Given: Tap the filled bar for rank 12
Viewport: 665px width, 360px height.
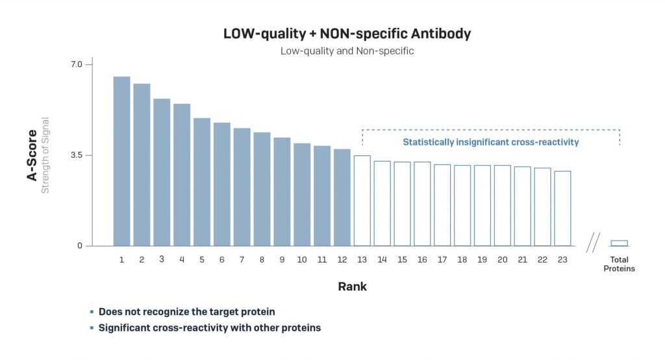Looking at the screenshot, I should click(x=342, y=198).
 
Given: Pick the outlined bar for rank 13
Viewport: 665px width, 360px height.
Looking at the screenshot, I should click(x=362, y=201).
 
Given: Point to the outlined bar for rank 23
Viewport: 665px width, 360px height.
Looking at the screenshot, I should click(x=562, y=209).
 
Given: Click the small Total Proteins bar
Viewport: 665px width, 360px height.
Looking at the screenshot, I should click(x=619, y=243).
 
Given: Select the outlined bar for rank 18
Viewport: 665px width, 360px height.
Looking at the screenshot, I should click(x=462, y=205).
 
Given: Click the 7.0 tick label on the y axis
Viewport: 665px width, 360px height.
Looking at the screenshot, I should click(x=77, y=64).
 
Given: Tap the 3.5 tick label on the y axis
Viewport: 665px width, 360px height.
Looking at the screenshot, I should click(x=77, y=155).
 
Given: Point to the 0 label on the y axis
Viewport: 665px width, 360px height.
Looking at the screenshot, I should click(x=80, y=246).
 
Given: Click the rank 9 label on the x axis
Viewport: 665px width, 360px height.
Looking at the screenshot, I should click(x=282, y=260).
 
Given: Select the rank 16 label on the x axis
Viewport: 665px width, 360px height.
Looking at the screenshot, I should click(x=422, y=260).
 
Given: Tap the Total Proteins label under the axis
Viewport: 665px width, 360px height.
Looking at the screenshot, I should click(x=619, y=264).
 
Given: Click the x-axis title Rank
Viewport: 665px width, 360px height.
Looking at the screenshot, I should click(x=352, y=287).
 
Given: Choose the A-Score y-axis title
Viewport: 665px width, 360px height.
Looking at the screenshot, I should click(x=32, y=155).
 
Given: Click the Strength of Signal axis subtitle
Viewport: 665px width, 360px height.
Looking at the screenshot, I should click(x=45, y=155).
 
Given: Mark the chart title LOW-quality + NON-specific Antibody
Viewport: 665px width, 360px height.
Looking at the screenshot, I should click(x=347, y=34).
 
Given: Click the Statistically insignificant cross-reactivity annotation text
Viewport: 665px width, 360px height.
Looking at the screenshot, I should click(x=490, y=142).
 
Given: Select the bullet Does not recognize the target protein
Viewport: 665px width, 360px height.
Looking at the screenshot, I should click(x=191, y=312).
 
